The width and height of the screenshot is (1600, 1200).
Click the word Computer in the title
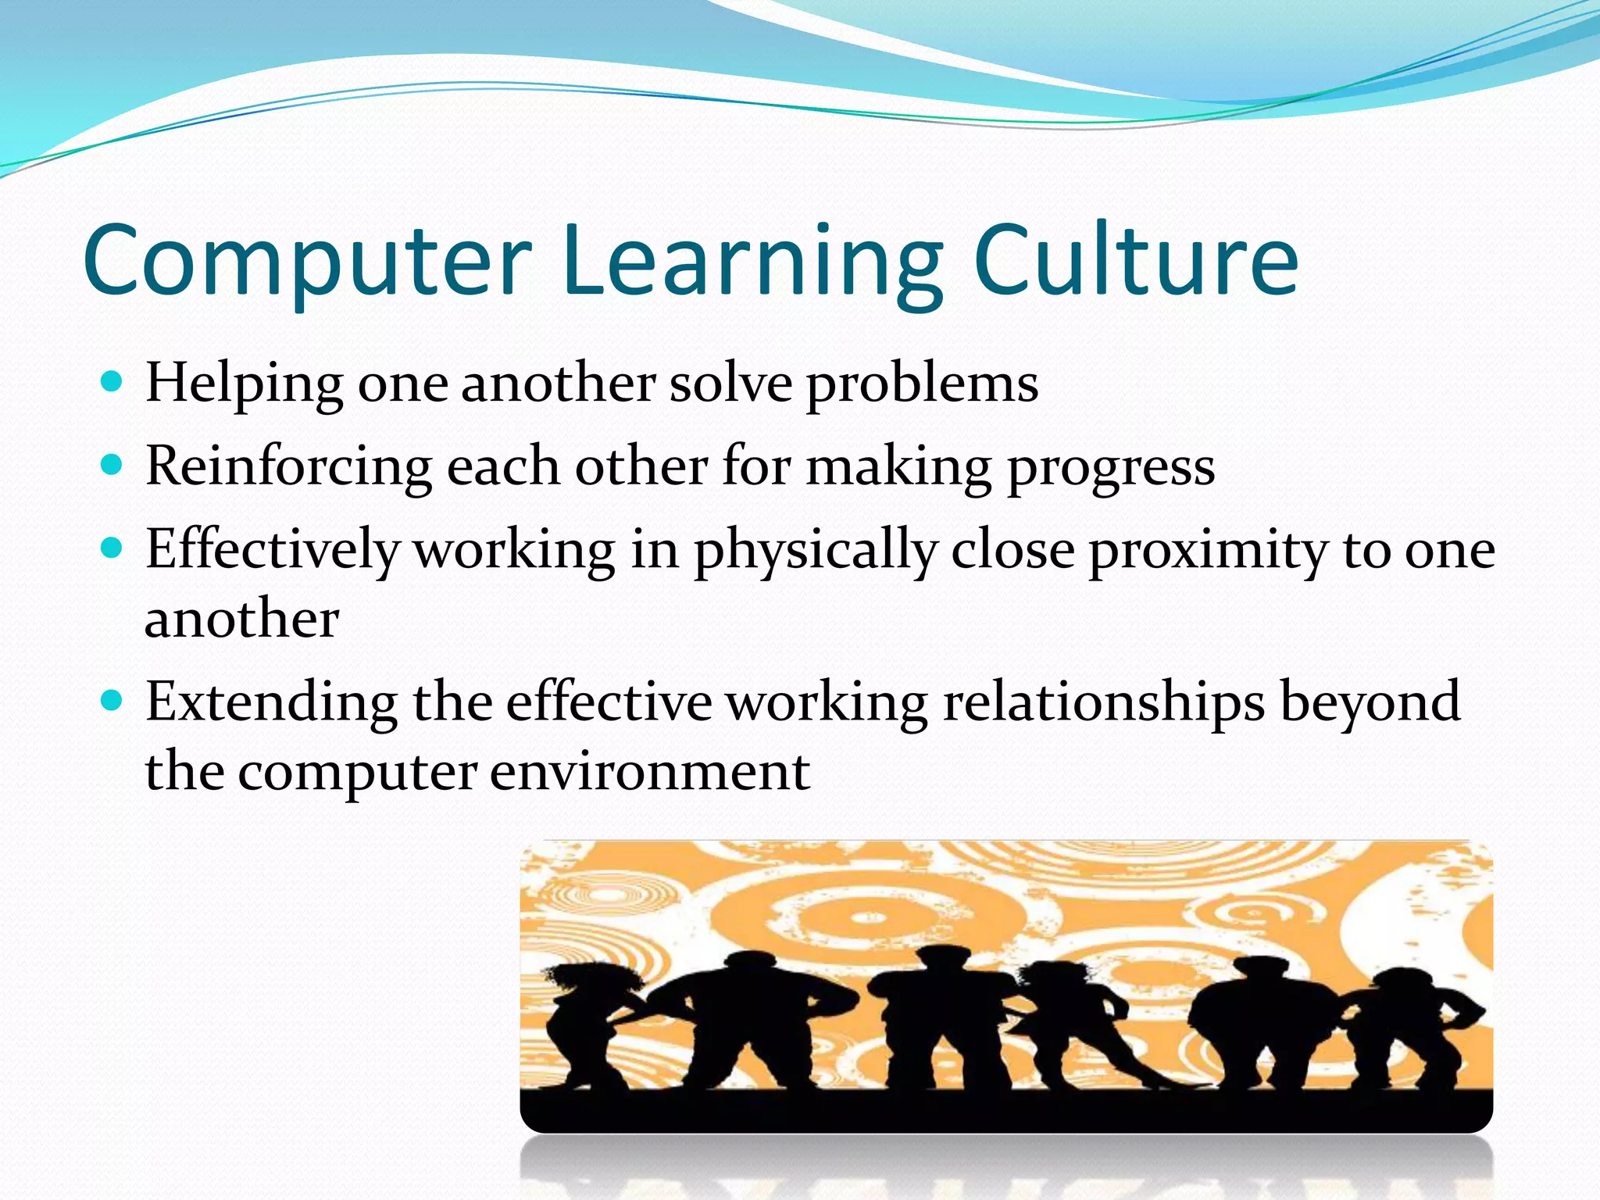coord(306,262)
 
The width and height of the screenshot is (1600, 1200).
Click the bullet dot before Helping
coord(112,382)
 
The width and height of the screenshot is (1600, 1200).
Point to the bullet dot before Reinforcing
coord(112,466)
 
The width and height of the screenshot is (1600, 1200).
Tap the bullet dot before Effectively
coord(112,548)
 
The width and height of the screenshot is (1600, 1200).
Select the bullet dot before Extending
coord(112,701)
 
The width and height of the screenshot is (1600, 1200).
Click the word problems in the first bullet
coord(922,384)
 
